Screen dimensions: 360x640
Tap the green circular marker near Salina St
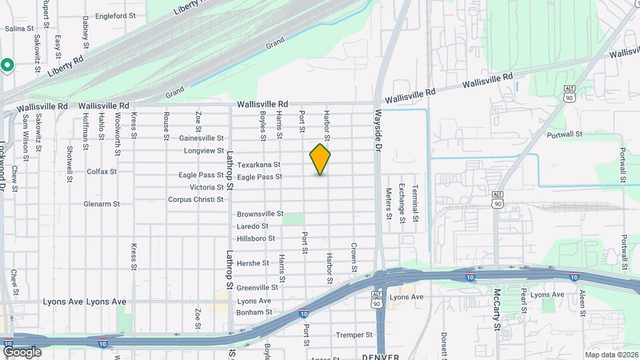click(7, 65)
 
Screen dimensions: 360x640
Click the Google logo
click(22, 351)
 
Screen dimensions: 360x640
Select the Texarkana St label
click(259, 165)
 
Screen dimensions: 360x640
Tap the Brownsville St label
click(261, 214)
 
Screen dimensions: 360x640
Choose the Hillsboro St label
click(257, 238)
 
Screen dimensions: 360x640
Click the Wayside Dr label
click(377, 129)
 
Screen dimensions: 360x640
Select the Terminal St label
click(415, 203)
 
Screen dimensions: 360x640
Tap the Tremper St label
click(354, 335)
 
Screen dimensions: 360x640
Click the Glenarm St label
click(101, 204)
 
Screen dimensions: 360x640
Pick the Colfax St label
click(101, 171)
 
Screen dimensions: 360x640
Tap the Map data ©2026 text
click(611, 354)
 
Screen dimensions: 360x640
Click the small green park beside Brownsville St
click(292, 219)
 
